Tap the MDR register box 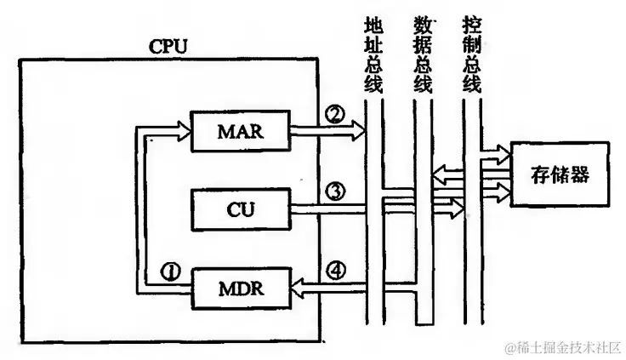pos(242,287)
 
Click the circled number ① pos(171,271)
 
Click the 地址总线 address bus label pos(373,53)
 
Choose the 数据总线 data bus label pos(422,53)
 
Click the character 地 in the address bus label pos(373,23)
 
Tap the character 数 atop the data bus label pos(422,23)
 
